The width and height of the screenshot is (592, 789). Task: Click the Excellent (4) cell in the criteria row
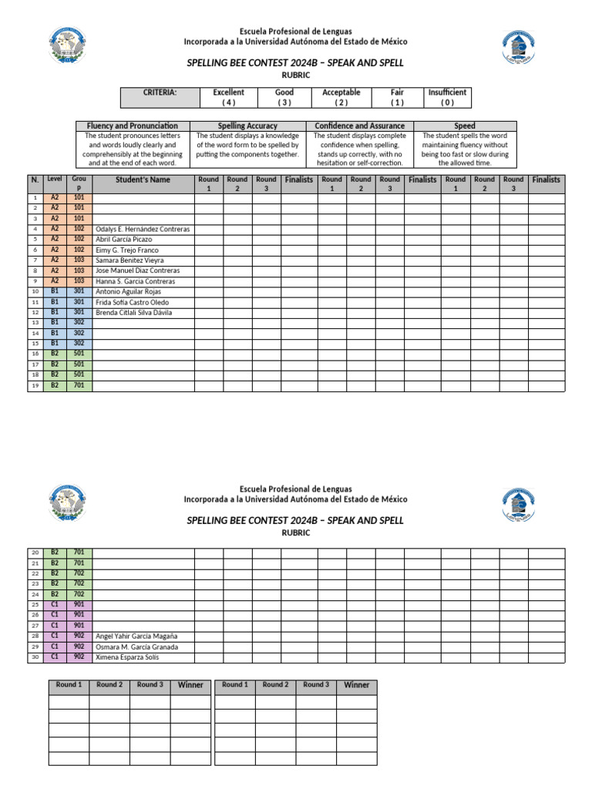click(228, 97)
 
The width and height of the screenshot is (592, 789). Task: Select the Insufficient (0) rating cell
click(447, 97)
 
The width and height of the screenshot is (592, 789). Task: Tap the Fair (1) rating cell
click(397, 97)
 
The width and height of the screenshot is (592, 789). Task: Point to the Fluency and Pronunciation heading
click(133, 126)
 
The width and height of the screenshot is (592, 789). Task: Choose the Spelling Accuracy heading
click(247, 126)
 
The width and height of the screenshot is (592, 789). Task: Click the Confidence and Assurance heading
click(359, 126)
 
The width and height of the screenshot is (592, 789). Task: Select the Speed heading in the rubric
click(465, 126)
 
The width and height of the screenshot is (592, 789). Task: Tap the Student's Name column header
click(143, 180)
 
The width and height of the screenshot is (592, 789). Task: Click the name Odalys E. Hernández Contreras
click(143, 230)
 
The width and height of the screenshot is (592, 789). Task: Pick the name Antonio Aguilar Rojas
click(128, 292)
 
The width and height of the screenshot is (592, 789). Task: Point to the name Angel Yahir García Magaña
click(136, 636)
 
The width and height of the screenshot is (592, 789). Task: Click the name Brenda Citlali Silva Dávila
click(133, 313)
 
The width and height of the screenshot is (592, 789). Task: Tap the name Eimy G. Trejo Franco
click(127, 250)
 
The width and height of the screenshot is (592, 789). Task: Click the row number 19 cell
click(35, 385)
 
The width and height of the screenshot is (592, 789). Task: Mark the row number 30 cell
click(35, 657)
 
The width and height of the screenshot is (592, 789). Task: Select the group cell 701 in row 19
click(79, 385)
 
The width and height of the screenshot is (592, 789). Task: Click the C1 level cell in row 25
click(55, 605)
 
